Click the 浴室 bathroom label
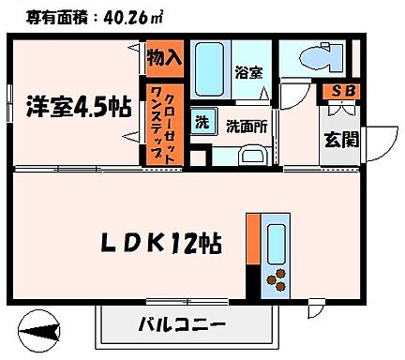click(x=247, y=72)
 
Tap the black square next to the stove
click(x=251, y=282)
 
